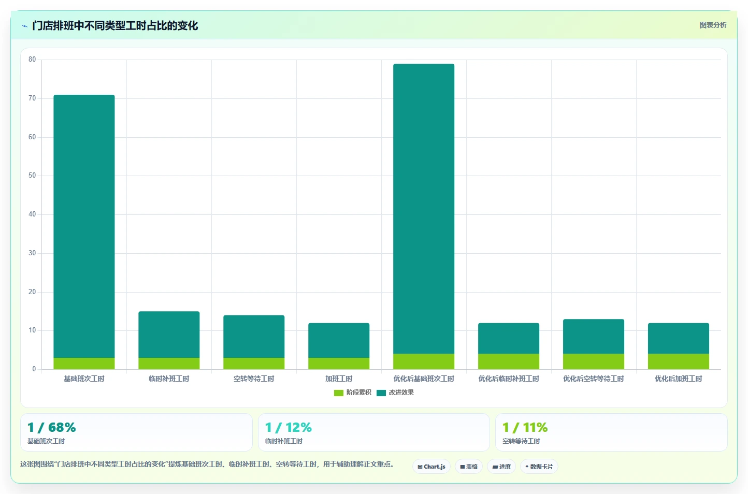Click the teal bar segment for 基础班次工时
(84, 226)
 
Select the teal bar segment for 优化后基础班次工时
(424, 209)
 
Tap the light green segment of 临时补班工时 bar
(169, 364)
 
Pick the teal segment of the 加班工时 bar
(339, 340)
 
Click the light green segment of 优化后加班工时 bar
(679, 361)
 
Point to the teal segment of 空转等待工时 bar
(254, 337)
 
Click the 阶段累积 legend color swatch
(339, 393)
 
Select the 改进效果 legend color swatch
(381, 393)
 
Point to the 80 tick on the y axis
(32, 60)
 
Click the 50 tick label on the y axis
(32, 176)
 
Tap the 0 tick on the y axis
(34, 369)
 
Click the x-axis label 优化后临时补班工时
(509, 379)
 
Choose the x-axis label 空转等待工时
(254, 379)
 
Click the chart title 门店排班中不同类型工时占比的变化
(115, 26)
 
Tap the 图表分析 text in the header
(713, 25)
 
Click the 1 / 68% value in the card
(52, 427)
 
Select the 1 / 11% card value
(525, 427)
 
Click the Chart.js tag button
(431, 467)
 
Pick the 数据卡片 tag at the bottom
(539, 467)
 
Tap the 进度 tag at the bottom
(501, 467)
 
